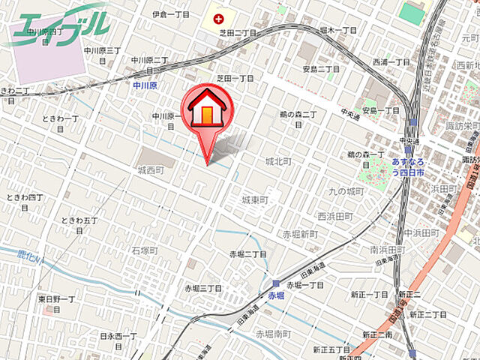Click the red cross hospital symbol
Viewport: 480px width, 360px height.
point(217,17)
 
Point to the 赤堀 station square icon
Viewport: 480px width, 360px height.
point(277,284)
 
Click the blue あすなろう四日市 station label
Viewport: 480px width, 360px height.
point(409,166)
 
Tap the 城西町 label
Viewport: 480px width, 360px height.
point(149,171)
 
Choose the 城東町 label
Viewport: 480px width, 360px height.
point(255,200)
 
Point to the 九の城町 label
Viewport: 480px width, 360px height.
point(346,191)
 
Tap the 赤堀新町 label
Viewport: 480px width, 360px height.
point(300,235)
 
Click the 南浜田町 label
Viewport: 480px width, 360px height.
point(388,249)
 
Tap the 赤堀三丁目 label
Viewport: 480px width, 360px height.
point(203,288)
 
